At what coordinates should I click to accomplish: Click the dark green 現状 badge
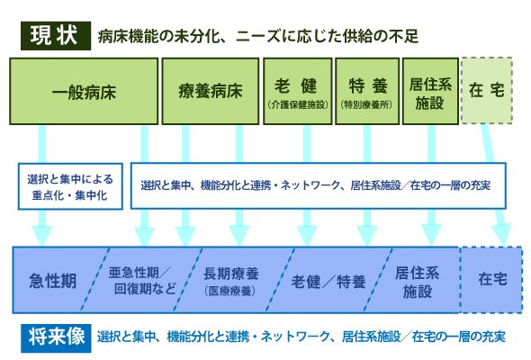[x=56, y=36]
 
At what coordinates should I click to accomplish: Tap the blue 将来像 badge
[x=56, y=337]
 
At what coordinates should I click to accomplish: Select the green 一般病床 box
[x=84, y=92]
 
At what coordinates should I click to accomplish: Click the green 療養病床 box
[x=211, y=92]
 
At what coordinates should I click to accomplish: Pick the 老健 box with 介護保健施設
[x=297, y=92]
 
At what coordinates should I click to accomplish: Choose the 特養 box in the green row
[x=367, y=92]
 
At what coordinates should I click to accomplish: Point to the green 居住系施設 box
[x=430, y=92]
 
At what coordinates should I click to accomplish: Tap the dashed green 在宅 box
[x=486, y=91]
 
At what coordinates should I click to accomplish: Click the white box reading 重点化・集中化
[x=70, y=186]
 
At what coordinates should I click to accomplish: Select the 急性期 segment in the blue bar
[x=52, y=280]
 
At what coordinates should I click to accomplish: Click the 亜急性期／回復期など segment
[x=141, y=280]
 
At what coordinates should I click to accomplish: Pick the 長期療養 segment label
[x=231, y=274]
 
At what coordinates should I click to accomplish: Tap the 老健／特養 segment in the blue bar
[x=328, y=280]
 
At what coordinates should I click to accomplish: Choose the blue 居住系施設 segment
[x=418, y=280]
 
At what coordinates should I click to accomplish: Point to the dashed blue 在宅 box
[x=491, y=280]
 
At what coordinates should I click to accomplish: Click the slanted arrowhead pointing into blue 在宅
[x=501, y=234]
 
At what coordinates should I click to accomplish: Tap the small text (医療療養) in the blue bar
[x=230, y=291]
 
